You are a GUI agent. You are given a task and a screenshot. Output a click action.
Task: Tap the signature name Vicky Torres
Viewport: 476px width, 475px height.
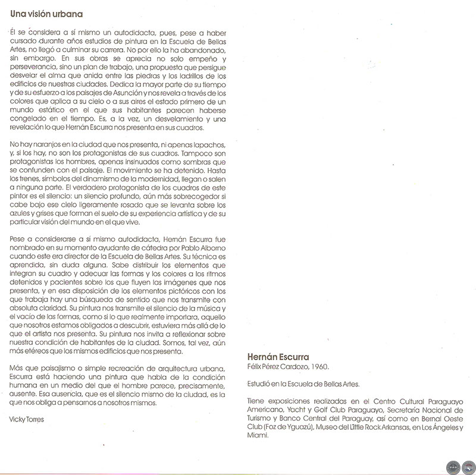(x=26, y=419)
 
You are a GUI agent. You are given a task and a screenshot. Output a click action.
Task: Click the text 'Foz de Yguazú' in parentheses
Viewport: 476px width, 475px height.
(x=284, y=426)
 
